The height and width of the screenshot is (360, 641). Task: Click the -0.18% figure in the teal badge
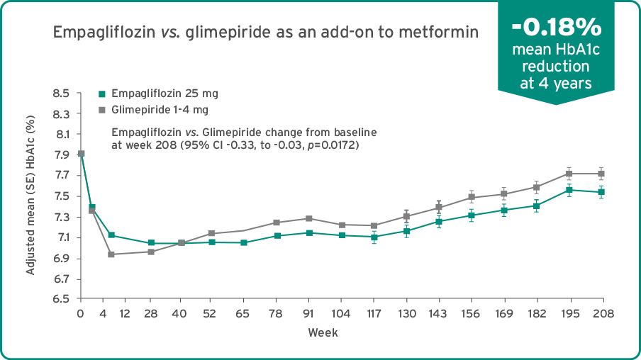tap(557, 28)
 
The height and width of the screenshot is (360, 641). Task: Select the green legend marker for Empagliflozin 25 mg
tap(101, 94)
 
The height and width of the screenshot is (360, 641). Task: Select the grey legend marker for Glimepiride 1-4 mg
tap(101, 110)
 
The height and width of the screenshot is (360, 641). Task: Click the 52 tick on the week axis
tap(210, 314)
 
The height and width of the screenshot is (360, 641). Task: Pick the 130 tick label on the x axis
tap(406, 314)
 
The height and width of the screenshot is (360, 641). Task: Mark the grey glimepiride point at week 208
tap(601, 174)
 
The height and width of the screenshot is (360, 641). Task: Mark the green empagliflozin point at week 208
tap(601, 192)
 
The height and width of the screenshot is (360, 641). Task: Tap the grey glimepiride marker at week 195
tap(569, 174)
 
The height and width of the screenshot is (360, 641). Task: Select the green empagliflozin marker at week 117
tap(374, 237)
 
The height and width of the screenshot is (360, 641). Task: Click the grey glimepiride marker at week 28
tap(150, 252)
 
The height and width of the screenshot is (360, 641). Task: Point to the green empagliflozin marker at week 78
tap(277, 235)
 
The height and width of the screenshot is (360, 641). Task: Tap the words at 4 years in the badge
tap(556, 83)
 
